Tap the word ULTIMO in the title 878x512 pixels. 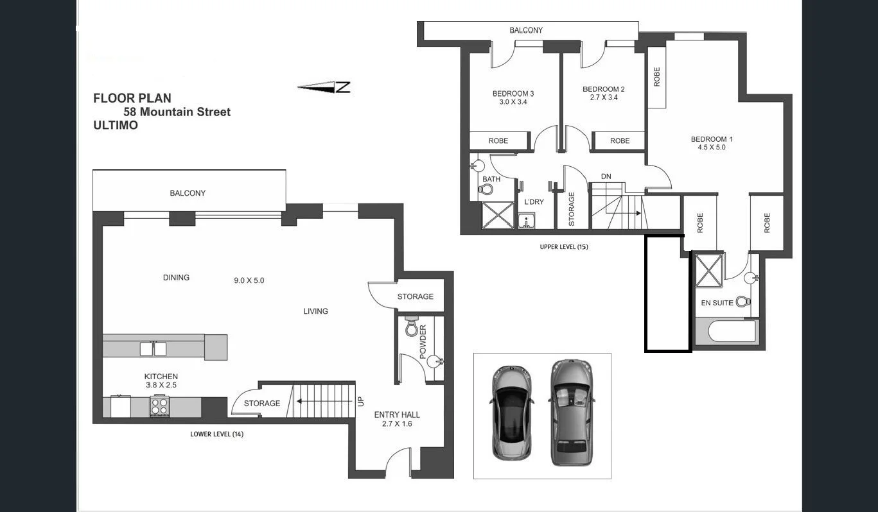[x=116, y=125]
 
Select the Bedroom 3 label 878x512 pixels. [x=513, y=93]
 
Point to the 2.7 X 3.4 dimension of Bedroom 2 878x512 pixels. [x=603, y=98]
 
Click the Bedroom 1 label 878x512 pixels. [x=712, y=139]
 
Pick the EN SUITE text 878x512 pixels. [x=717, y=302]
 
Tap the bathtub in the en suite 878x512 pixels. [x=726, y=332]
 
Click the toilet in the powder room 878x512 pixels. [x=412, y=329]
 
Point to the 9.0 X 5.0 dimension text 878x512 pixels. [x=249, y=280]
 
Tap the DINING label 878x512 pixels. [x=176, y=277]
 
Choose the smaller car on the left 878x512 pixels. [x=511, y=413]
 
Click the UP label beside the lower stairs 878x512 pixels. [x=360, y=402]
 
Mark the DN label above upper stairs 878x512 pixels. [x=606, y=176]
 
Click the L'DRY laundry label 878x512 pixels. [x=534, y=202]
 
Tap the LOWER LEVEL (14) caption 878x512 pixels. [x=216, y=434]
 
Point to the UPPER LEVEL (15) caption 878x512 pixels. [x=564, y=246]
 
